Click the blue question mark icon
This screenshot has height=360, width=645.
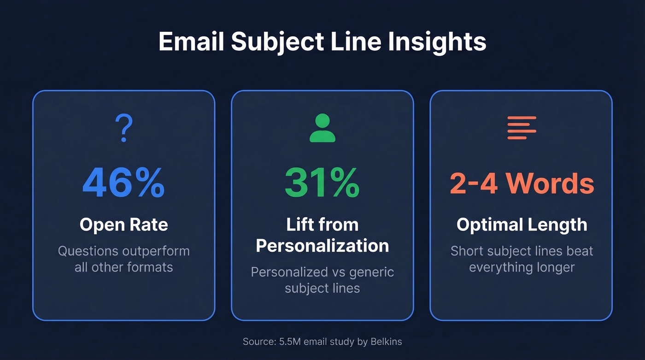123,128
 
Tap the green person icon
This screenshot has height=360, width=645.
322,128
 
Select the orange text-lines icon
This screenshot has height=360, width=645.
522,128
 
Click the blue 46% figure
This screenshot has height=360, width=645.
123,183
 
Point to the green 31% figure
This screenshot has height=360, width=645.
322,183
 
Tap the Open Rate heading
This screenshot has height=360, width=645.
123,224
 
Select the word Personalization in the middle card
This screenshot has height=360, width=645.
322,246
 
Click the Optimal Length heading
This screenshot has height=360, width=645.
522,224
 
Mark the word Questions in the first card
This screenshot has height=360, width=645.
88,251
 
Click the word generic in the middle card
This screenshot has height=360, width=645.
371,271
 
